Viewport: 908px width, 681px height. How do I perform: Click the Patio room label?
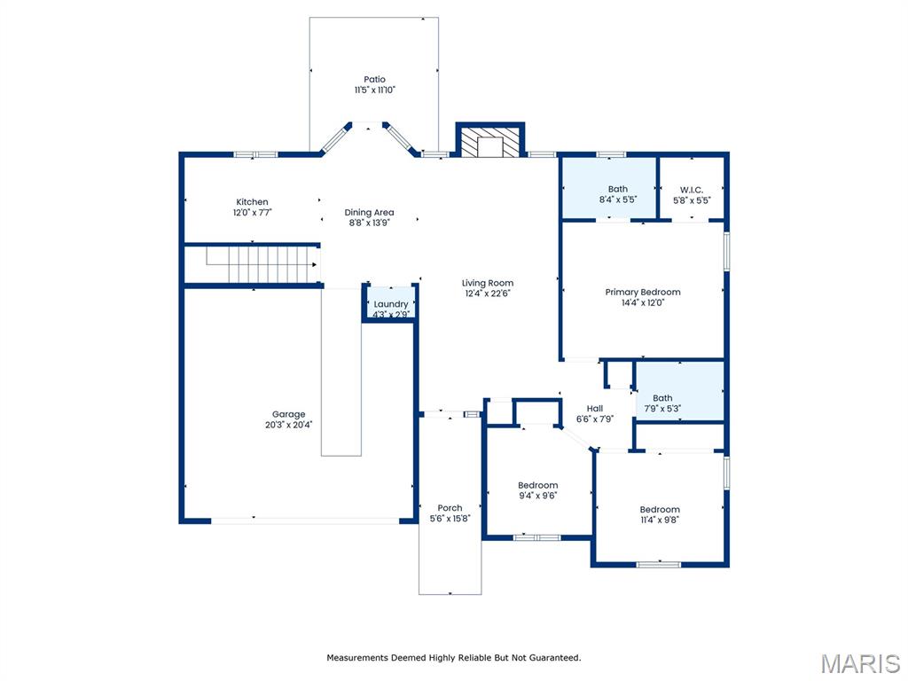[x=374, y=79]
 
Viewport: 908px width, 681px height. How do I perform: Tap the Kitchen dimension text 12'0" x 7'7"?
[x=253, y=213]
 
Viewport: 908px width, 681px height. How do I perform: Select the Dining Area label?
[x=369, y=213]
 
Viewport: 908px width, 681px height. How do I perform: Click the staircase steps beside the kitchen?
[x=264, y=264]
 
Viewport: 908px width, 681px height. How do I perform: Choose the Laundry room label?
[x=391, y=304]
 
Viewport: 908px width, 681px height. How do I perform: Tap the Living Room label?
[x=488, y=283]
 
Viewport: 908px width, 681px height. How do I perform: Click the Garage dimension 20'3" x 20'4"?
[x=288, y=425]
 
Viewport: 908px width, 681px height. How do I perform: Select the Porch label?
[x=450, y=508]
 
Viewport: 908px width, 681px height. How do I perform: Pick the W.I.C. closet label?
[x=692, y=190]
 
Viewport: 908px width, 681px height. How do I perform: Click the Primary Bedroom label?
[x=643, y=292]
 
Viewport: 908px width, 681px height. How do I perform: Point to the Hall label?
[x=595, y=408]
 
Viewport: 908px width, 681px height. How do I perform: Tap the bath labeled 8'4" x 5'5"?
[x=618, y=194]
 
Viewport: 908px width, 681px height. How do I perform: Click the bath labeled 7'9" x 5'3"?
[x=662, y=403]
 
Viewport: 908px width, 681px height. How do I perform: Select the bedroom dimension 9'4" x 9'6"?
[x=538, y=496]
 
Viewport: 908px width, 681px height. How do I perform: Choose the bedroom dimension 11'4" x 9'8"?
[x=660, y=520]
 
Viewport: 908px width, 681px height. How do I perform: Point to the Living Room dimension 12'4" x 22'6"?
[x=488, y=294]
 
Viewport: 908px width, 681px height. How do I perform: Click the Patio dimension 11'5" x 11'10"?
[x=375, y=90]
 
